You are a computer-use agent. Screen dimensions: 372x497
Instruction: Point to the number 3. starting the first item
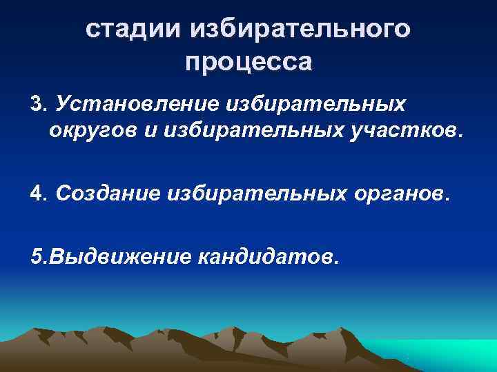tap(39, 104)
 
